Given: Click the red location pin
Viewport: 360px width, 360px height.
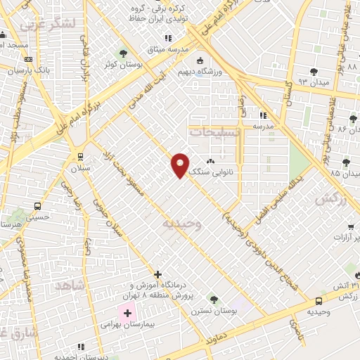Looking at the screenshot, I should pos(181,165).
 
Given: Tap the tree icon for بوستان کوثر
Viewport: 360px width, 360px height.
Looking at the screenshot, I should pos(124,53).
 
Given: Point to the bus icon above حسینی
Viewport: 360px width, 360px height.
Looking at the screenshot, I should pos(37,207).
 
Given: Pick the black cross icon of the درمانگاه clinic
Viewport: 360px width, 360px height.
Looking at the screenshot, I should pos(157,274).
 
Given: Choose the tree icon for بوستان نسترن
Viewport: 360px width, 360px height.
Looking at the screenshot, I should pos(214,300).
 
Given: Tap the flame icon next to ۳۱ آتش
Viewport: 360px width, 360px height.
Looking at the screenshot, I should pos(356,275).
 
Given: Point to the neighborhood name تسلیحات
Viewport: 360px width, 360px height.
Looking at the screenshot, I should pos(214,131).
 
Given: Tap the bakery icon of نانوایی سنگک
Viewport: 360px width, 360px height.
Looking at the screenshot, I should pos(210,162).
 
